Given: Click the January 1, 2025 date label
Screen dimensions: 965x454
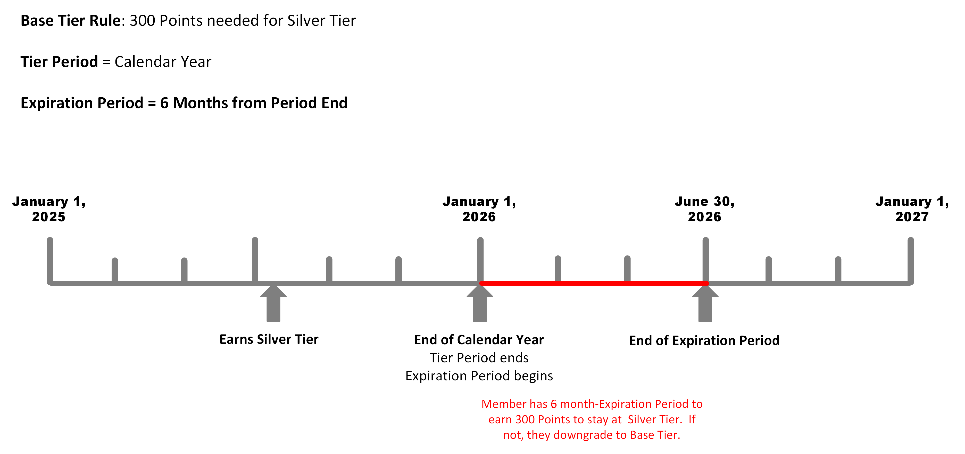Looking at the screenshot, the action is coord(49,209).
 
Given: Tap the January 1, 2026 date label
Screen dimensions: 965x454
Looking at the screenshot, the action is coord(479,209).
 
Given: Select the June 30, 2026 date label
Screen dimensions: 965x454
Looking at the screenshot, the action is coord(705,209).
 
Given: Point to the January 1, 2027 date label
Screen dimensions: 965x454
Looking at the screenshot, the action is coord(912,209).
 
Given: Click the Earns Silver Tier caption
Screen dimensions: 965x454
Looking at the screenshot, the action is coord(269,339).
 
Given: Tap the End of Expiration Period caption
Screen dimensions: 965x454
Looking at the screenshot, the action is coord(704,341).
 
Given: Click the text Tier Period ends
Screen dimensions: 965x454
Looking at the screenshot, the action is coord(479,358).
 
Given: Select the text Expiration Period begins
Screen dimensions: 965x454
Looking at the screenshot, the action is coord(479,376).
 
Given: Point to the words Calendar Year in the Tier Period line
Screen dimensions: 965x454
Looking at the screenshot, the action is coord(163,62).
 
